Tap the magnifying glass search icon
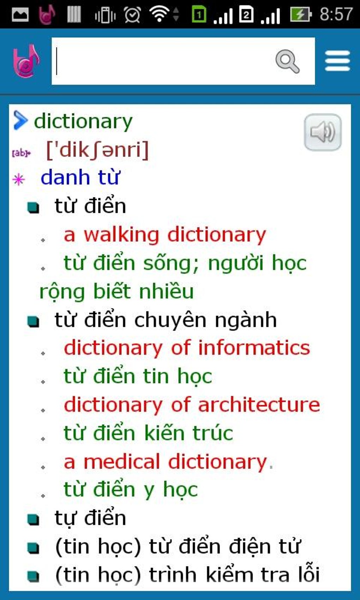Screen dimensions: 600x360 click(x=287, y=61)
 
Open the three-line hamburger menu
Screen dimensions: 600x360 click(x=337, y=61)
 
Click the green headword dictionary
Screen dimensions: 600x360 click(x=83, y=121)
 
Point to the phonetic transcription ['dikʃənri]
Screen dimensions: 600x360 click(x=97, y=150)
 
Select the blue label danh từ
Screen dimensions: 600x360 click(x=80, y=177)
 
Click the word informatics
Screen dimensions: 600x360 click(x=254, y=348)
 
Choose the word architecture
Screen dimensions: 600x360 click(x=259, y=404)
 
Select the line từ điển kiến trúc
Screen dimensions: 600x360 click(x=148, y=433)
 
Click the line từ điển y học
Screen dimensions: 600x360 click(x=131, y=490)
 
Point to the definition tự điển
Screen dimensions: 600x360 click(x=90, y=518)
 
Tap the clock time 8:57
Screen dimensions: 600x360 click(x=336, y=14)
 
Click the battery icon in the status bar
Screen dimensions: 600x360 click(x=300, y=14)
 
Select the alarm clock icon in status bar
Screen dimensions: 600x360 click(x=132, y=15)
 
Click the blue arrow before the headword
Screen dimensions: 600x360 click(x=20, y=120)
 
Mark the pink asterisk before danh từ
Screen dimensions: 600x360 click(x=18, y=180)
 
